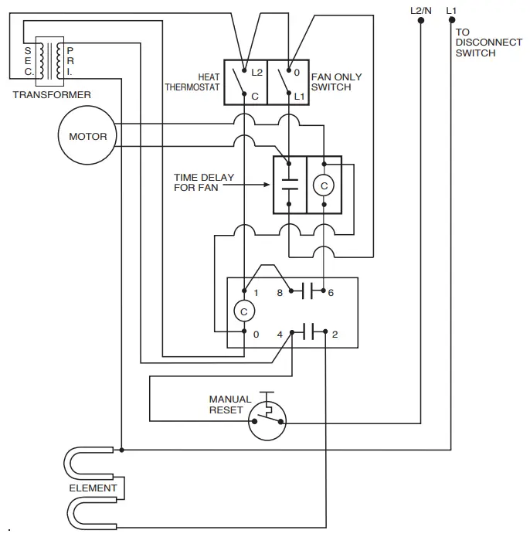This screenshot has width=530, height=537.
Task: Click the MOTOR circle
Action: tap(87, 137)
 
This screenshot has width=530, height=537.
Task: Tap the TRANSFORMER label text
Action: tap(52, 95)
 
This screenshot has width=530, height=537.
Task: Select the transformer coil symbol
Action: tap(53, 60)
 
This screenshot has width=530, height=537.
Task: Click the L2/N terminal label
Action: tap(421, 10)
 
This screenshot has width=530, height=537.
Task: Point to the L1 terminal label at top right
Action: tap(452, 10)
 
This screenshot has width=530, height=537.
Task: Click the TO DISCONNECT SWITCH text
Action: tap(488, 42)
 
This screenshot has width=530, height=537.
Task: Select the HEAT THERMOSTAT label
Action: tap(192, 82)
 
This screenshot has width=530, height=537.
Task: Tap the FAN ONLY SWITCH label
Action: tap(336, 82)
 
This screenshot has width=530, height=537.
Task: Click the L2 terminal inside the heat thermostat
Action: tap(258, 73)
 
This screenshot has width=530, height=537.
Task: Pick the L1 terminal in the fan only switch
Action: tap(300, 96)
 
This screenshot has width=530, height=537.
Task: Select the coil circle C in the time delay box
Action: tap(324, 185)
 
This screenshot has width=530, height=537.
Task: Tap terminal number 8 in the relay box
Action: tap(280, 292)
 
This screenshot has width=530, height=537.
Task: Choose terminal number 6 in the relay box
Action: tap(331, 292)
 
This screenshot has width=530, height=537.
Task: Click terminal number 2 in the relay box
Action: tap(334, 334)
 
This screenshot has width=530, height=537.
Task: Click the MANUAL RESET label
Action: tap(230, 405)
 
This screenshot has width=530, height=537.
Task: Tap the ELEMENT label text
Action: tap(93, 488)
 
